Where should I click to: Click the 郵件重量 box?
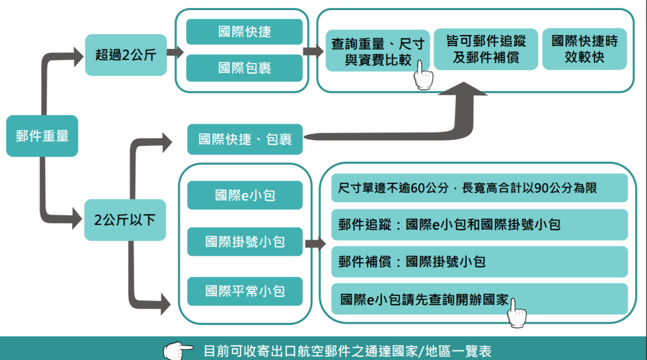click(x=42, y=136)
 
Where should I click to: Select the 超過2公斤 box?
click(x=126, y=54)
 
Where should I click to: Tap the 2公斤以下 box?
click(x=126, y=220)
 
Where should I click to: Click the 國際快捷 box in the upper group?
click(x=244, y=32)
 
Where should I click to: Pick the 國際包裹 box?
click(x=244, y=68)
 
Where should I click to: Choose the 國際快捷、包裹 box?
click(x=245, y=140)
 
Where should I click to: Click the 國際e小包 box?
click(x=245, y=195)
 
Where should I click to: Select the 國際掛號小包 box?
click(x=245, y=242)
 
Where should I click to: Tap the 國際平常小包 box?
click(x=245, y=292)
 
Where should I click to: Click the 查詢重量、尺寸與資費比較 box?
click(x=377, y=51)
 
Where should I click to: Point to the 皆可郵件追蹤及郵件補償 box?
click(x=486, y=49)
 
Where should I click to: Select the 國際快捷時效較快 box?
click(x=584, y=49)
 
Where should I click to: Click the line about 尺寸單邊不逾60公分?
click(x=479, y=188)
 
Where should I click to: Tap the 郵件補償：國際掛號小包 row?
click(x=479, y=262)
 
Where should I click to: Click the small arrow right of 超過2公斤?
click(x=175, y=53)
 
